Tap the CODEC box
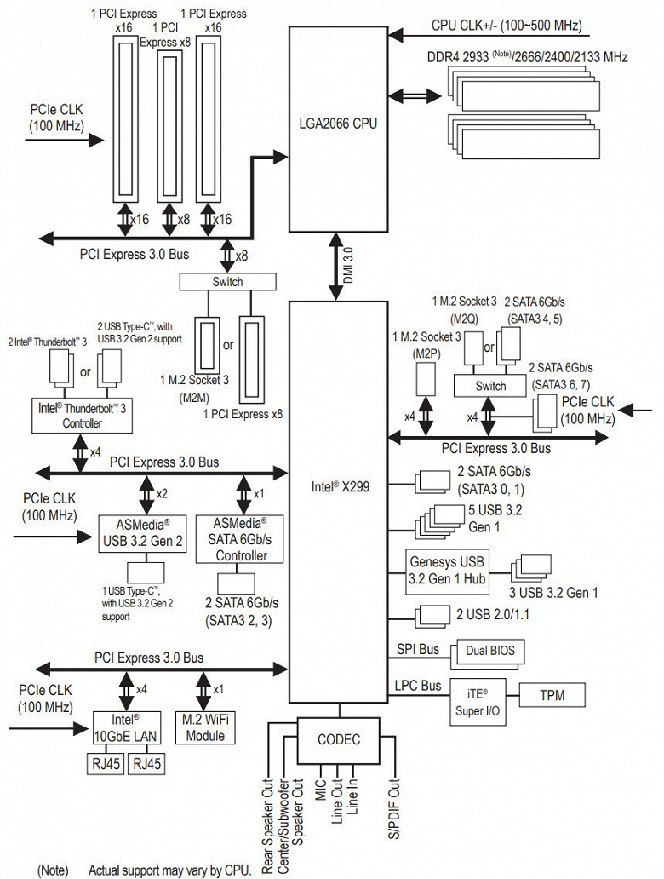tap(338, 739)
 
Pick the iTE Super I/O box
tap(472, 698)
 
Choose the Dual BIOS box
tap(490, 651)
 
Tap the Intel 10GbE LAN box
tap(125, 728)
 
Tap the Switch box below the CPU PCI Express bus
tap(227, 282)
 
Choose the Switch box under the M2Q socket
tap(490, 386)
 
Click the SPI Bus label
tap(418, 650)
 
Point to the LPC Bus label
tap(418, 685)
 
